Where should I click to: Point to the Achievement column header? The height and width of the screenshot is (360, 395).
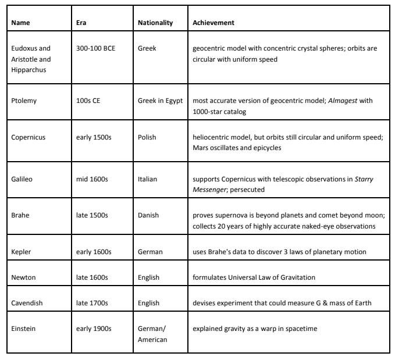(215, 23)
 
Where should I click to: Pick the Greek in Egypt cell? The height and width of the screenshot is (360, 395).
(161, 85)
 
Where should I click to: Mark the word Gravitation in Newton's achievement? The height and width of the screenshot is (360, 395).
(296, 277)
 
